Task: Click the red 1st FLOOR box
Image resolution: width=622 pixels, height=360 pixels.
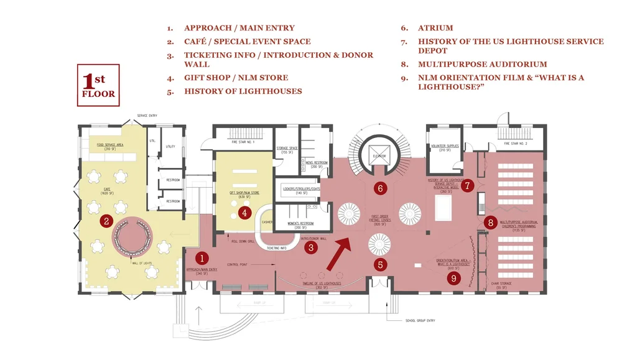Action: pyautogui.click(x=98, y=85)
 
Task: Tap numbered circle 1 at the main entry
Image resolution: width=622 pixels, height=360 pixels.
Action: pyautogui.click(x=202, y=257)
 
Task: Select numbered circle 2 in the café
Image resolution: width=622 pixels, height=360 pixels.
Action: pyautogui.click(x=107, y=221)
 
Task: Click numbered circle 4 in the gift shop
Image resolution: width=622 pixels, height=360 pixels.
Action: pyautogui.click(x=245, y=213)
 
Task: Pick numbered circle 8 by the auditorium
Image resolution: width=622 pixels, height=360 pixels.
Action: pyautogui.click(x=490, y=222)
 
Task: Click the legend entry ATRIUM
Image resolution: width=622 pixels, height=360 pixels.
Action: pyautogui.click(x=435, y=28)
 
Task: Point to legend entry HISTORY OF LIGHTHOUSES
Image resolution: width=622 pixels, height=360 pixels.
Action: pyautogui.click(x=243, y=91)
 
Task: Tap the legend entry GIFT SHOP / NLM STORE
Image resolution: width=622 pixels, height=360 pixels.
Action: pyautogui.click(x=236, y=78)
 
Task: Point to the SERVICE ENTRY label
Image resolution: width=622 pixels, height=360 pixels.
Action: pyautogui.click(x=147, y=116)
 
